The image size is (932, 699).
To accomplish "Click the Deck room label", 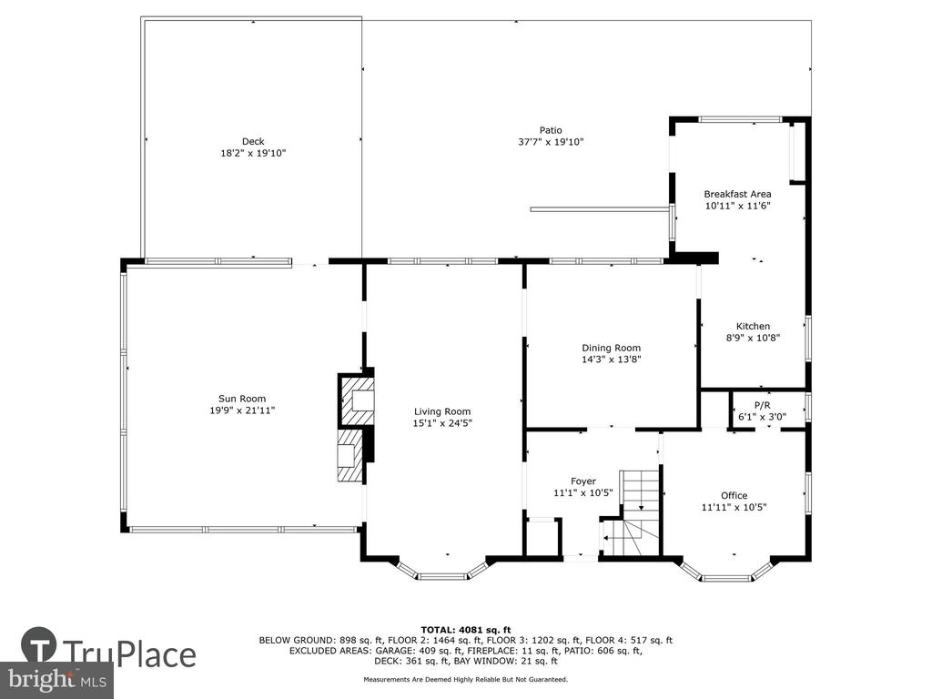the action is tap(253, 141).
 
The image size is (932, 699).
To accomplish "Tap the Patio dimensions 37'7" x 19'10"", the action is tap(551, 142).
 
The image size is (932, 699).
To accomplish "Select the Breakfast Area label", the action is tap(737, 195).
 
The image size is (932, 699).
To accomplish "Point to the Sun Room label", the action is tap(242, 399).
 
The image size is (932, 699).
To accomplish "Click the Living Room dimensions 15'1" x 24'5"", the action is tap(443, 423).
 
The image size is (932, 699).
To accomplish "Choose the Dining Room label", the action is tap(611, 349).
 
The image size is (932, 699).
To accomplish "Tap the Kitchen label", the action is tap(753, 327).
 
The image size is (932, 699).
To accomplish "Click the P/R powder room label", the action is tap(762, 405).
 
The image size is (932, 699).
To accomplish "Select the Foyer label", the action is tap(583, 481).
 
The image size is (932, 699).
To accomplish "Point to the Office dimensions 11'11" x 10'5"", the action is tap(734, 507).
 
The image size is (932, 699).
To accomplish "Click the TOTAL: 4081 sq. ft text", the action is tap(466, 630).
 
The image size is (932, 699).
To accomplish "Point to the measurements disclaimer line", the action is tap(465, 679).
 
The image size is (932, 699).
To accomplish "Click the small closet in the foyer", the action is tap(542, 538).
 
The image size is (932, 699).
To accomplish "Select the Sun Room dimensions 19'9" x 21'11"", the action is tap(242, 410).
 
